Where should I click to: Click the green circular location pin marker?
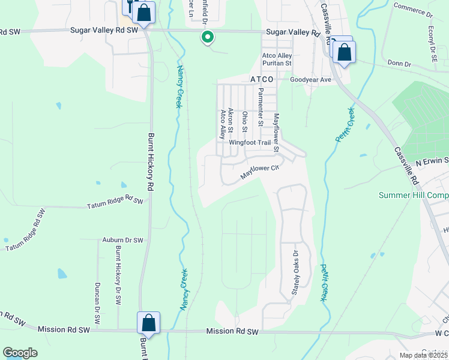pyautogui.click(x=208, y=38)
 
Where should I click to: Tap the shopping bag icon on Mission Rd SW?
pyautogui.click(x=148, y=323)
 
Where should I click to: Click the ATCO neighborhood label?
pyautogui.click(x=262, y=79)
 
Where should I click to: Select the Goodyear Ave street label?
pyautogui.click(x=310, y=79)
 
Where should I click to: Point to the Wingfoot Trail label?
pyautogui.click(x=250, y=143)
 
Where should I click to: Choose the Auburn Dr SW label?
pyautogui.click(x=123, y=240)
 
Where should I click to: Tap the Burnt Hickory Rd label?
pyautogui.click(x=151, y=162)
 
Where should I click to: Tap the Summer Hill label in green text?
pyautogui.click(x=414, y=196)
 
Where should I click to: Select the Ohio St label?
pyautogui.click(x=245, y=122)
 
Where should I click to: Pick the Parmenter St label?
pyautogui.click(x=261, y=107)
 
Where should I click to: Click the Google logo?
pyautogui.click(x=20, y=353)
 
